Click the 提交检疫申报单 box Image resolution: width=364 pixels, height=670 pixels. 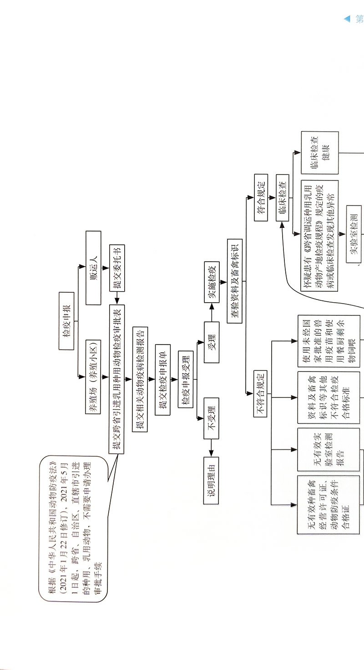[x=162, y=379]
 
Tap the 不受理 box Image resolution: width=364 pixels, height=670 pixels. [x=212, y=417]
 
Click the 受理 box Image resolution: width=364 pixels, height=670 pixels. [x=212, y=341]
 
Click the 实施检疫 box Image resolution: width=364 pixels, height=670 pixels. [x=212, y=288]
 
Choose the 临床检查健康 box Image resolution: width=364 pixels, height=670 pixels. [x=319, y=153]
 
